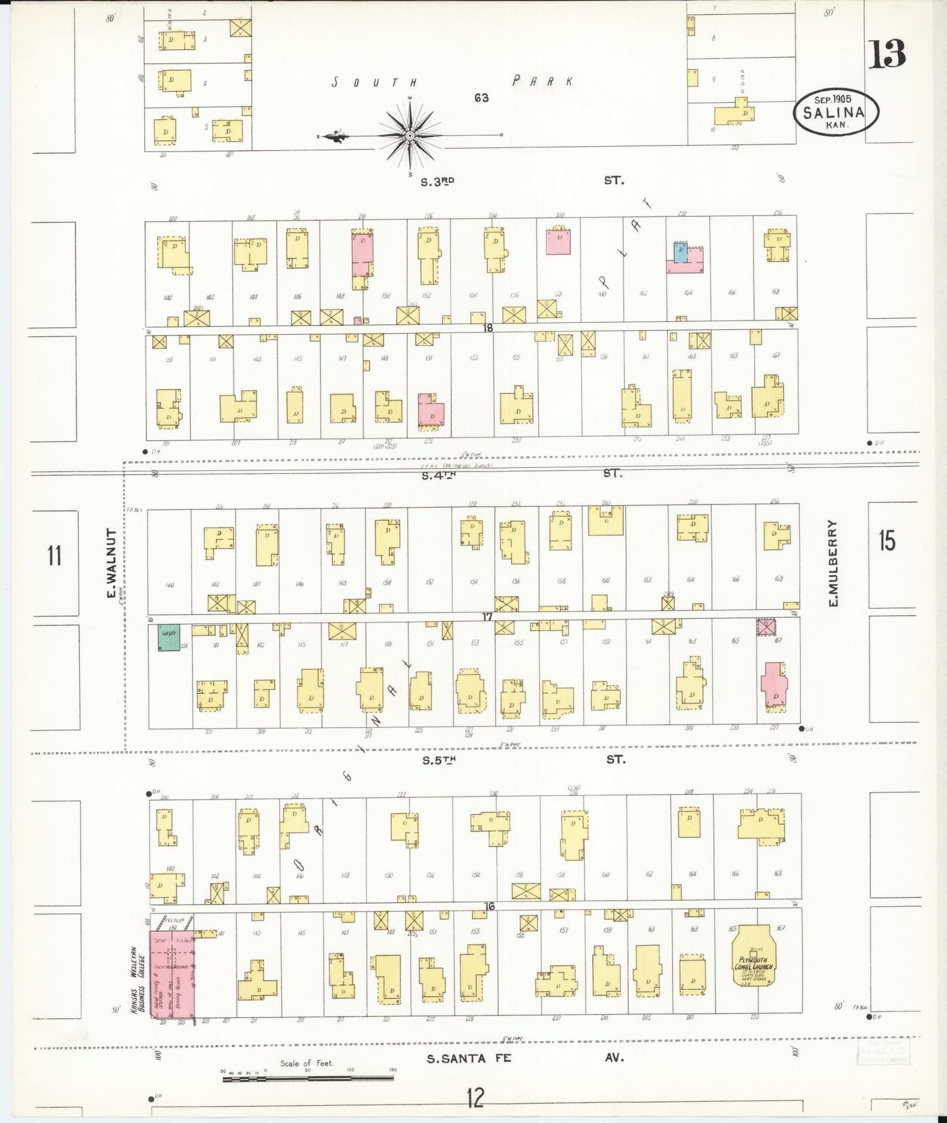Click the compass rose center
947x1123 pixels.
410,136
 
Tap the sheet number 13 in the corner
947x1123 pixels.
887,54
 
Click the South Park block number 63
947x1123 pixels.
482,98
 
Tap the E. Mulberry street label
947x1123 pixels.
833,563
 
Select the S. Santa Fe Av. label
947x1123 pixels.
468,1058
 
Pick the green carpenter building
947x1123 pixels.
168,637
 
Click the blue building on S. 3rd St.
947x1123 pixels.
681,252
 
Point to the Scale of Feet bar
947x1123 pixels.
307,1078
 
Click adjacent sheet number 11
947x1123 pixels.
54,555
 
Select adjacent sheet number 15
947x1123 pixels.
887,541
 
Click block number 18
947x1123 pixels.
487,328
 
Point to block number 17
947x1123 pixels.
487,617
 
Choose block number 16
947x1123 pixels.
488,907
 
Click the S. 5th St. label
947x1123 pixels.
439,760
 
